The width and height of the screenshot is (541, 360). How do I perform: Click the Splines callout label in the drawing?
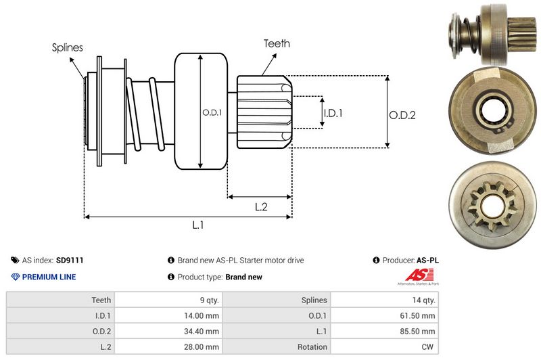[68, 47]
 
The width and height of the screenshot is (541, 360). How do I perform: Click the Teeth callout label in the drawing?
[277, 43]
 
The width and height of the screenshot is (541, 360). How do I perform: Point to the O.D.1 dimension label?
[212, 112]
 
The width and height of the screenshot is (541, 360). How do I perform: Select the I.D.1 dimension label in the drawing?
[333, 113]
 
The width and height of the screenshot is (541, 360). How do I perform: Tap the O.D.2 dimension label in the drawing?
[402, 115]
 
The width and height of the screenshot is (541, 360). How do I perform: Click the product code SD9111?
[70, 260]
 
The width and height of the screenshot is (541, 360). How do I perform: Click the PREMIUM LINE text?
[49, 277]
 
